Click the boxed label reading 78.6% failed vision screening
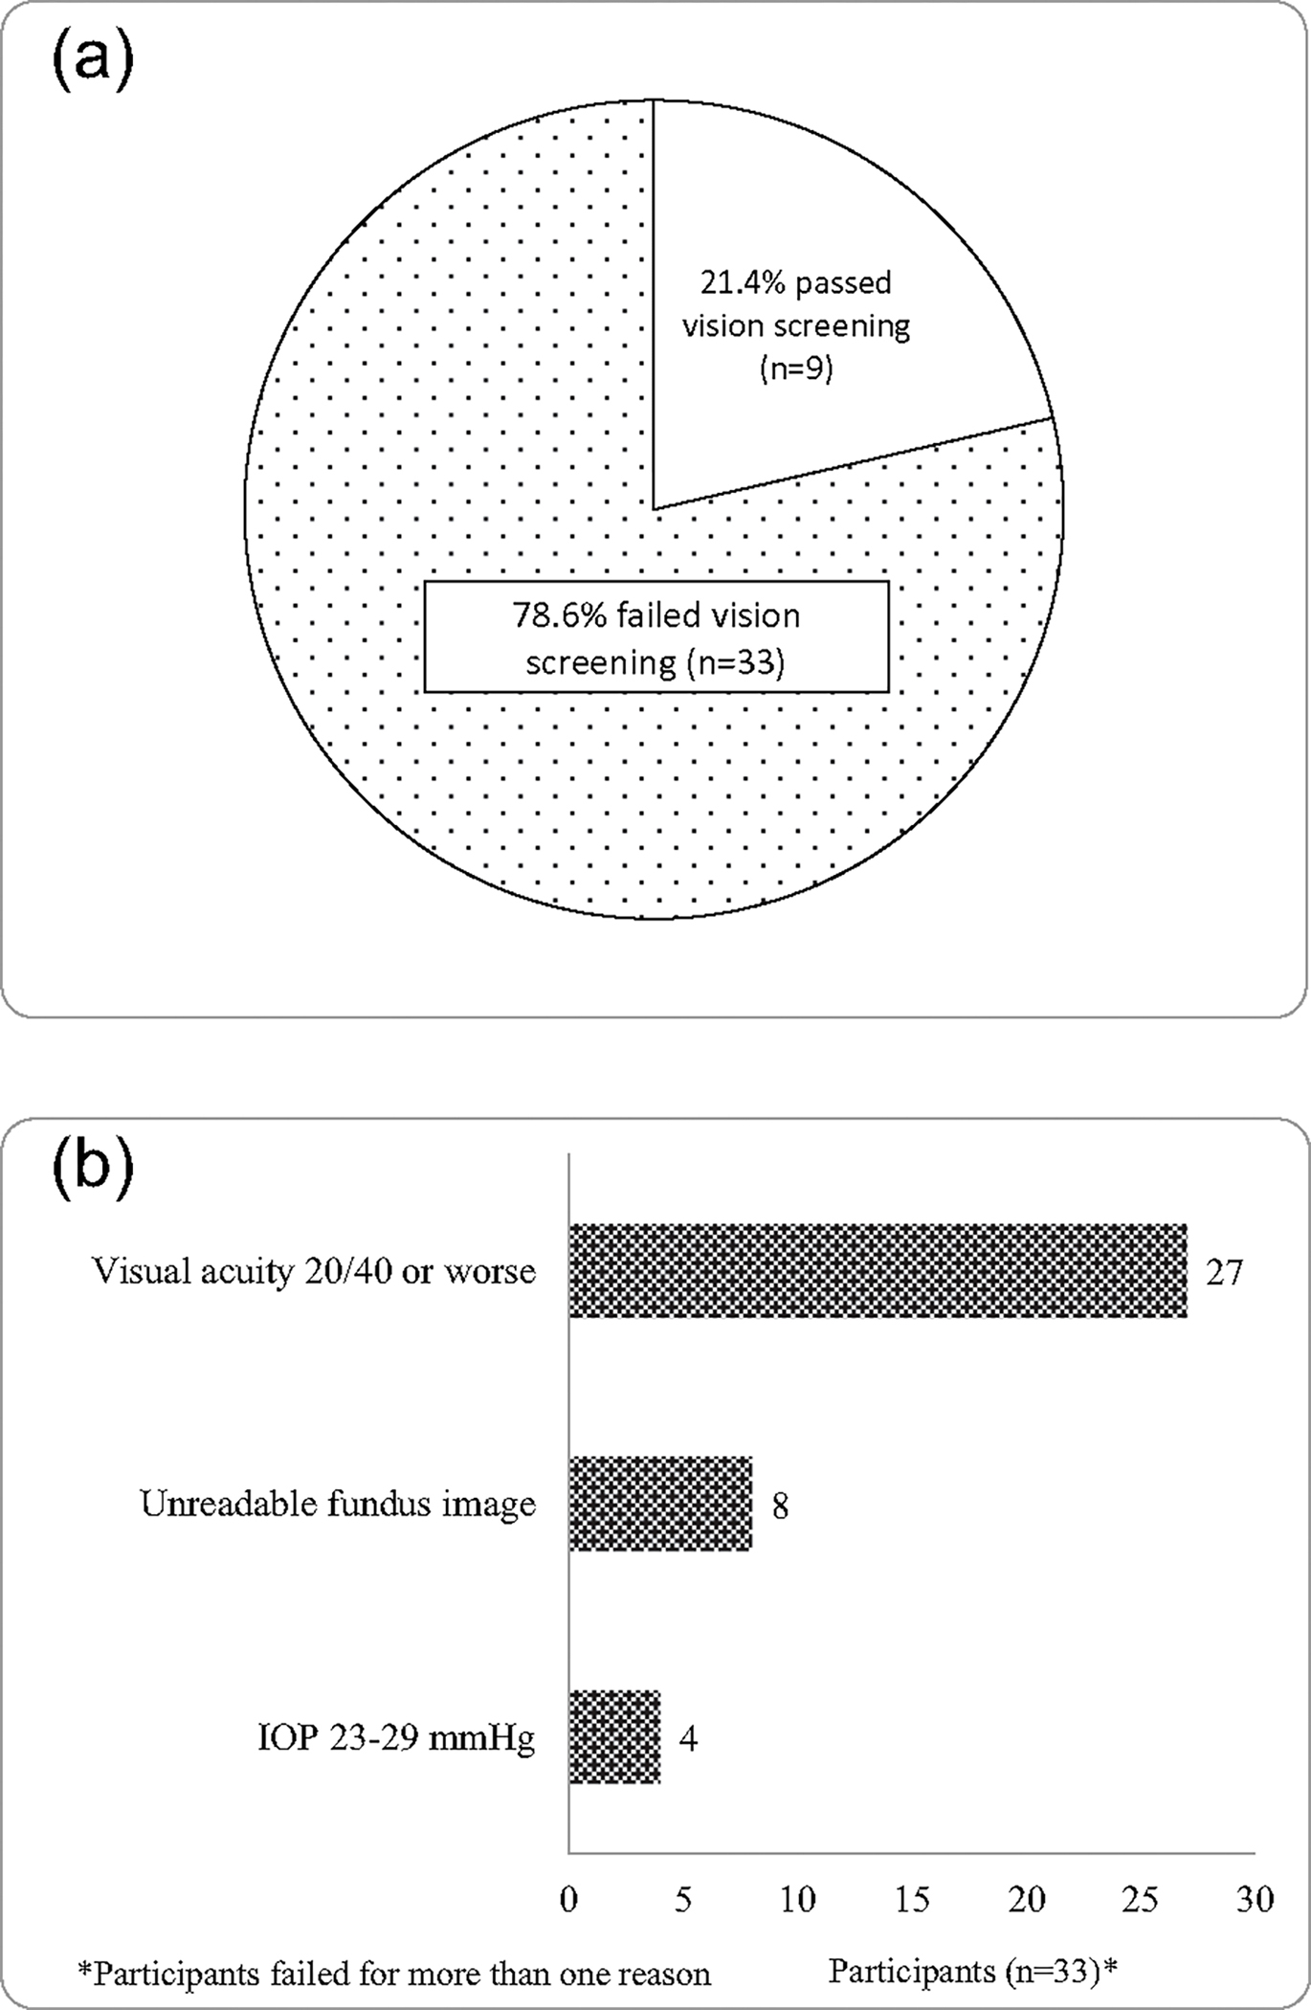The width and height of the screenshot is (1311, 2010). pos(656,637)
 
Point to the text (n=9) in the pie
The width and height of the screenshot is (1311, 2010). pos(796,368)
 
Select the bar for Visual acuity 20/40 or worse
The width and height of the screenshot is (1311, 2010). pos(878,1271)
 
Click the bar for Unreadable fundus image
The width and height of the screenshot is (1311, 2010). pos(660,1504)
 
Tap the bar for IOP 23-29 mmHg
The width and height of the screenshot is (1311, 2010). pos(614,1737)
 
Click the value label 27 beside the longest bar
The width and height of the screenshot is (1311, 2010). pos(1223,1273)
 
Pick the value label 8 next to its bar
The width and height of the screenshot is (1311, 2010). pos(780,1507)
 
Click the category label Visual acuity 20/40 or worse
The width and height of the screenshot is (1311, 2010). pos(314,1272)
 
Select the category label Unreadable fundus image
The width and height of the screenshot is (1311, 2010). pos(338,1505)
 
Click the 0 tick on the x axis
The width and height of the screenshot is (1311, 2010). pos(569,1900)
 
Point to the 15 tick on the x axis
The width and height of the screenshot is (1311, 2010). pos(912,1900)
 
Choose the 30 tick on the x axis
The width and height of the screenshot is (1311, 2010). pos(1255,1900)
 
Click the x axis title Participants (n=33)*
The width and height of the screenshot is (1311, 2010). pos(972,1972)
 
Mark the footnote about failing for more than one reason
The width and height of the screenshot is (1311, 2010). pos(394,1974)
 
